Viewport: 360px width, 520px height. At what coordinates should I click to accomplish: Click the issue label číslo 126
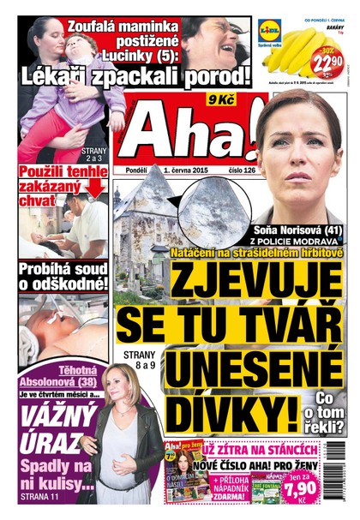[259, 172]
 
